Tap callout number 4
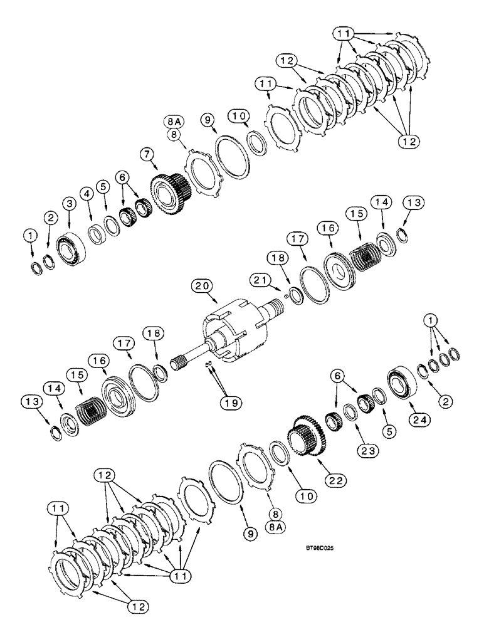coord(86,192)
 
